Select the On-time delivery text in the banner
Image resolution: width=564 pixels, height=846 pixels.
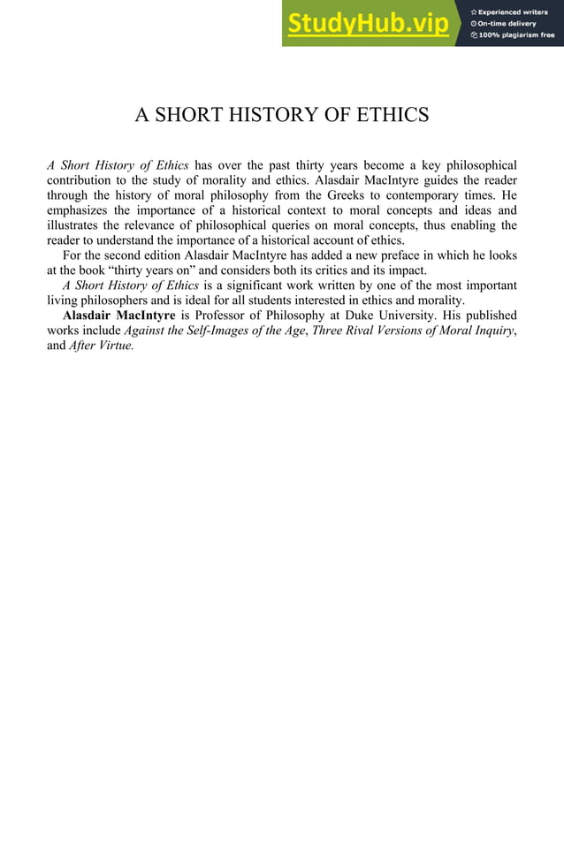coord(513,24)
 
